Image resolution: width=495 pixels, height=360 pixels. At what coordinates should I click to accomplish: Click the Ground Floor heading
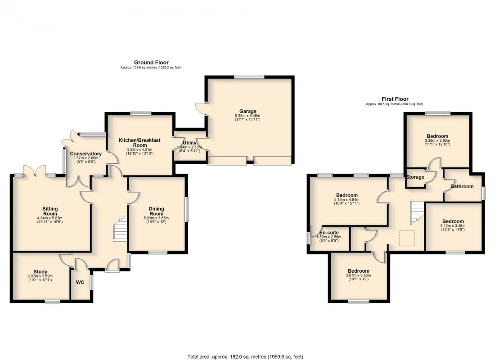pos(151,63)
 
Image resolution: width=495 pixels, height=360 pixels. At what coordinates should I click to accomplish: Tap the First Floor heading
pos(394,99)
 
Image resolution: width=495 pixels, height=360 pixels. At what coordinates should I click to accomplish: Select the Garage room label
pos(247,111)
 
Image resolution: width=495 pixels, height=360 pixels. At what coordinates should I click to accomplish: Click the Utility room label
pos(189,143)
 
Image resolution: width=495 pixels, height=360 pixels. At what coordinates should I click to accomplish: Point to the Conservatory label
pos(85,154)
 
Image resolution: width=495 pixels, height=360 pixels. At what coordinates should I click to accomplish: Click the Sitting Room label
pos(50,211)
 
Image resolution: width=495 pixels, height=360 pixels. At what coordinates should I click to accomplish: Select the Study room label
pos(40,271)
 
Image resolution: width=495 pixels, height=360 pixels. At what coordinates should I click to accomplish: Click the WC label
pos(81,283)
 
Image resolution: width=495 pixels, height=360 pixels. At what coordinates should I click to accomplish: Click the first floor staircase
pos(417,213)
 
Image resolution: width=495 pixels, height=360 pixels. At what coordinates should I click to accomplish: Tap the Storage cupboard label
pos(414,177)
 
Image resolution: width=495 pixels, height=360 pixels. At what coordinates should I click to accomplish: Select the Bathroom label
pos(462,186)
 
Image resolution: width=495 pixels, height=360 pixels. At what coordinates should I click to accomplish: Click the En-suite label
pos(329,232)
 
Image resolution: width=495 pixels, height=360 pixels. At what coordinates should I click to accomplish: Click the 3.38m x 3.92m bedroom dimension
pos(437,141)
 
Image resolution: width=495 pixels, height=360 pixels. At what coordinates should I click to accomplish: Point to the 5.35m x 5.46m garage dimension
pos(247,116)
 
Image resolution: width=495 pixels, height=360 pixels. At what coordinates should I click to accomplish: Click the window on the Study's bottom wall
pos(52,301)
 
